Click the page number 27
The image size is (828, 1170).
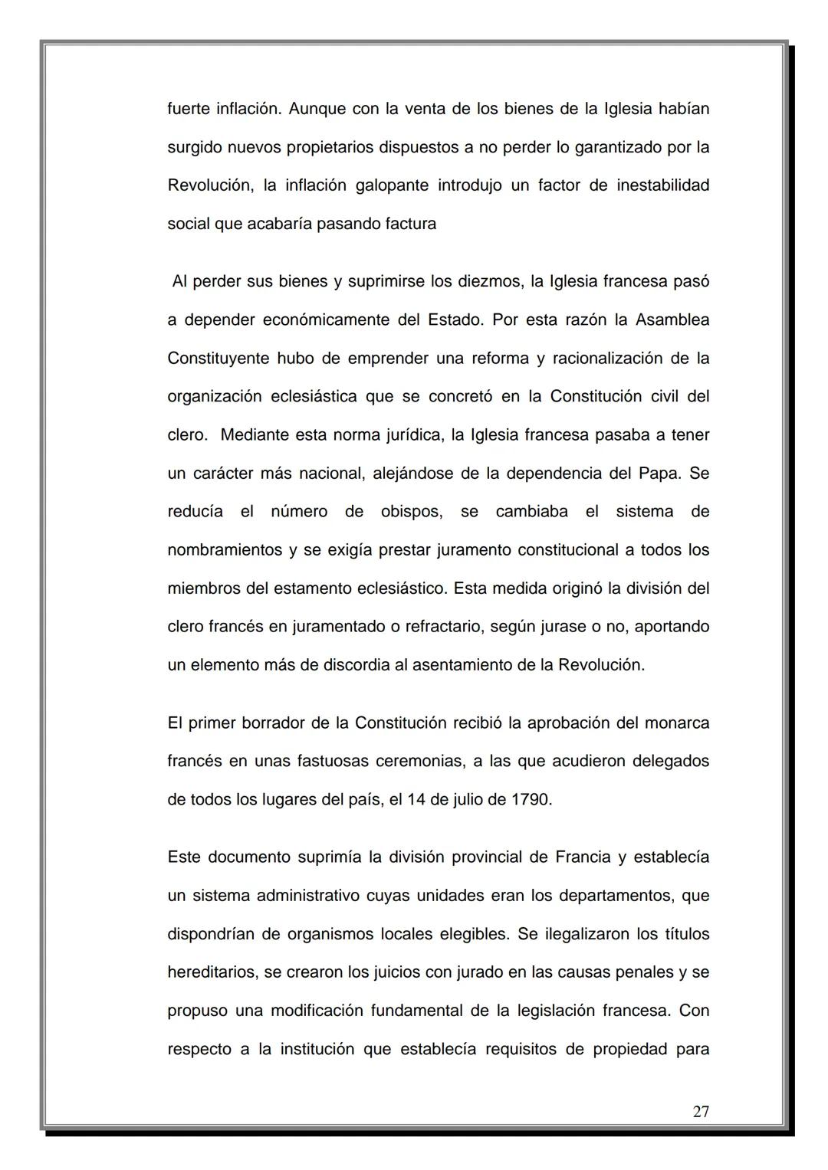700,1111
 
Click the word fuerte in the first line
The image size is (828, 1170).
189,109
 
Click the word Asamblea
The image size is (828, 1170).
672,320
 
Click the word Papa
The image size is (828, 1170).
658,473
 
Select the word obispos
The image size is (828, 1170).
412,511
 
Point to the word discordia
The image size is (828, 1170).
352,665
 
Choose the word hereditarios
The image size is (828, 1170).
211,972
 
